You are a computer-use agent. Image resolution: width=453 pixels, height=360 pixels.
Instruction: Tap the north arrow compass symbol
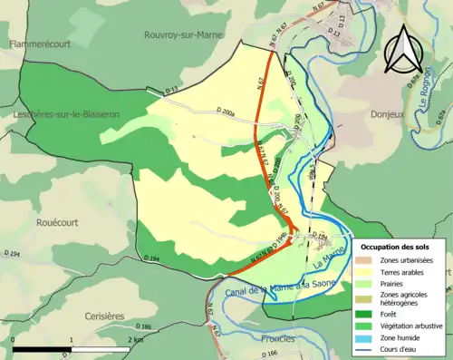click(402, 47)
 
